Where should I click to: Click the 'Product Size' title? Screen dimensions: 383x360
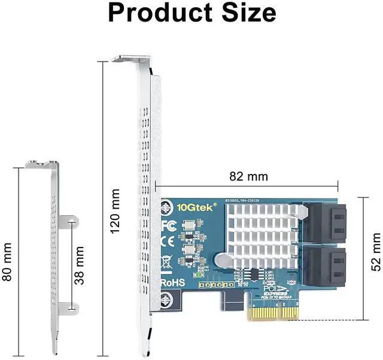(191, 13)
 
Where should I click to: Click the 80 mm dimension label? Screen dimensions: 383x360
(8, 261)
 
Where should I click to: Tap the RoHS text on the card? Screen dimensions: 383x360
(172, 282)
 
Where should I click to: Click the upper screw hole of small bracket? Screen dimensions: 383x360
(73, 222)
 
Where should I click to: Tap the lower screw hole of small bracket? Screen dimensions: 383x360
(73, 308)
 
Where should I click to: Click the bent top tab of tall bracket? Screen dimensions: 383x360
(132, 60)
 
